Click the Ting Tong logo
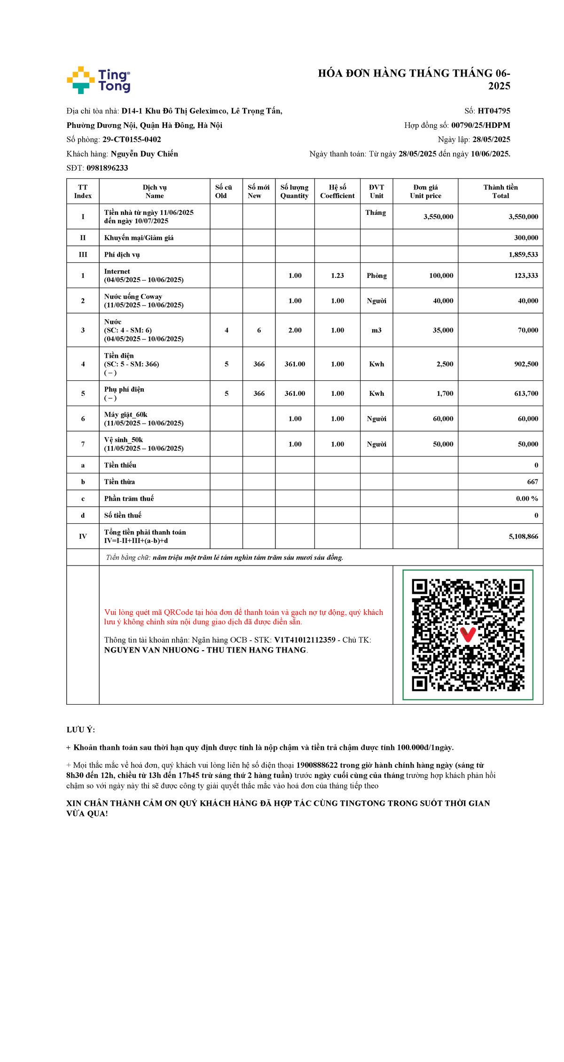coord(99,80)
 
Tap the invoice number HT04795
coord(493,111)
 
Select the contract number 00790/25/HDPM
coord(480,125)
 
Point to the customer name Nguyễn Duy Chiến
coord(144,154)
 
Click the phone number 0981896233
coord(107,168)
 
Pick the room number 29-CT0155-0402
coord(132,140)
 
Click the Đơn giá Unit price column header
coord(425,191)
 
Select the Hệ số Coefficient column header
coord(337,191)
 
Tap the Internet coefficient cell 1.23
coord(337,275)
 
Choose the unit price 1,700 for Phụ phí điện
coord(445,393)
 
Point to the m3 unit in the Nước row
coord(376,330)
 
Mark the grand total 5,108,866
coord(523,536)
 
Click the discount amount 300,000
coord(526,238)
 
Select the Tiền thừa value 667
coord(533,482)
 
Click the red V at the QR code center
coord(468,634)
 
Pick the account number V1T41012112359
coord(305,640)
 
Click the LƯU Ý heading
coord(81,730)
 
